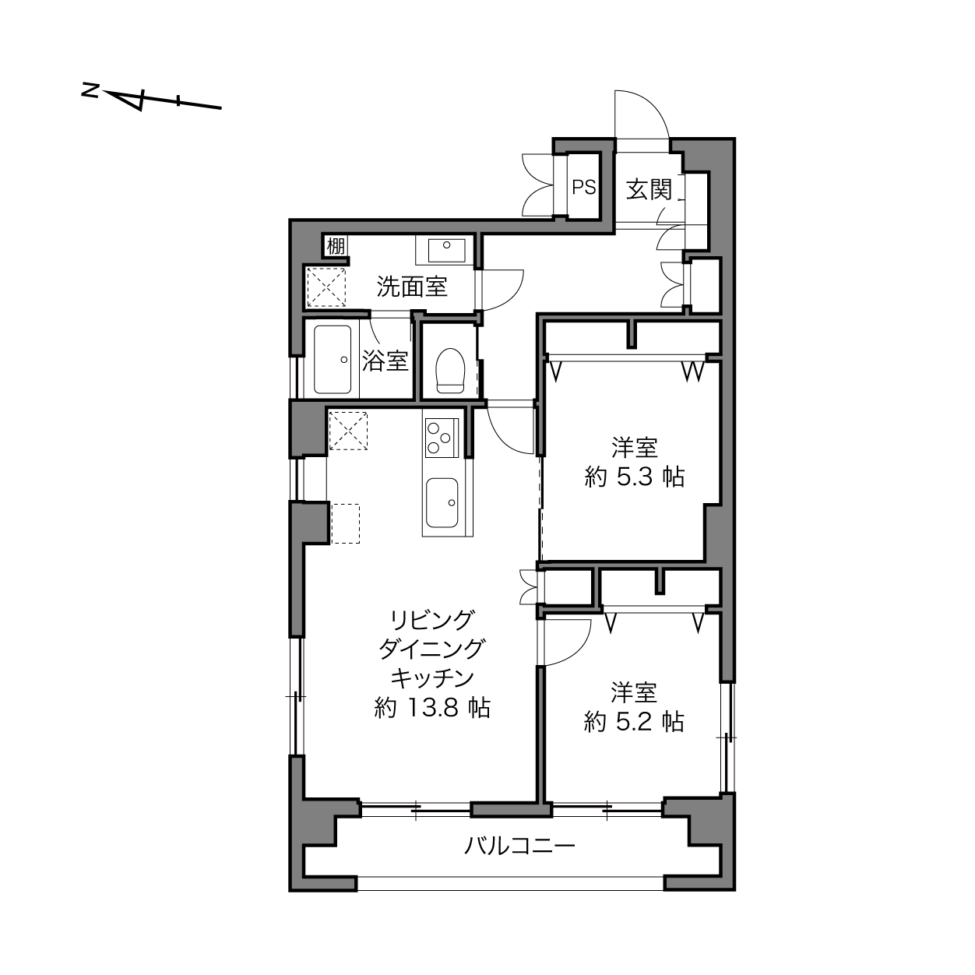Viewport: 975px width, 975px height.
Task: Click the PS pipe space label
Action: coord(584,188)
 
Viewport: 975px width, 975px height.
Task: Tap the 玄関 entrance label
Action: coord(649,189)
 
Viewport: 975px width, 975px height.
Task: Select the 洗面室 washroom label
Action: coord(412,287)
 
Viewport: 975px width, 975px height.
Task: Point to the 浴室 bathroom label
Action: coord(385,361)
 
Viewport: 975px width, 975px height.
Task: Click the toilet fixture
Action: coord(450,371)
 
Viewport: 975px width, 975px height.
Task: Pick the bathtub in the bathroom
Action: coord(333,360)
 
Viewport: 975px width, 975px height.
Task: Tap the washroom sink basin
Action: coord(447,251)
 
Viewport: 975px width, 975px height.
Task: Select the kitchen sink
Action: coord(442,503)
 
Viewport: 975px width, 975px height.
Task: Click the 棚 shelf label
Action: coord(336,246)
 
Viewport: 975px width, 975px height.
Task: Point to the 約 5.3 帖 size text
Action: coord(634,477)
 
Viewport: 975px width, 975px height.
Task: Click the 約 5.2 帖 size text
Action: coord(634,722)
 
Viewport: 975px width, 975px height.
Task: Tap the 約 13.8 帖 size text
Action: coord(432,708)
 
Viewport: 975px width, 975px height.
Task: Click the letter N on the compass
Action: coord(90,91)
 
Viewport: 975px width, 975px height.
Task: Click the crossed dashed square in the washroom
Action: coord(326,287)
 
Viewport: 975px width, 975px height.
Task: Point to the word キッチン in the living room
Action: coord(433,679)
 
